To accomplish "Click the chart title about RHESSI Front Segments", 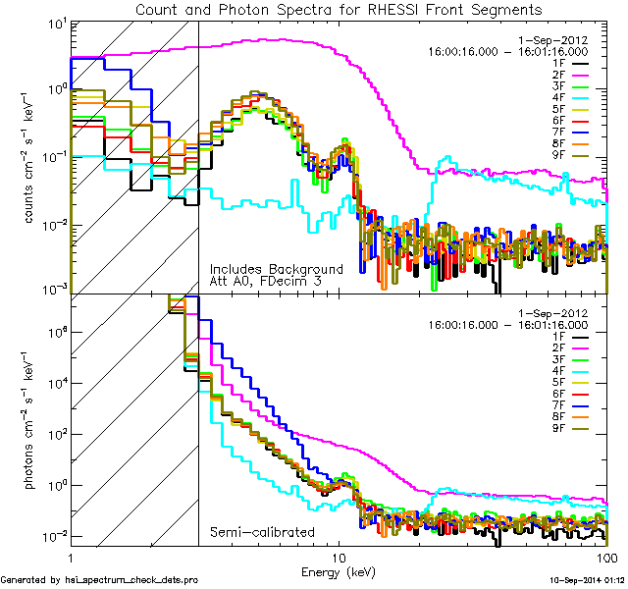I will click(x=339, y=10).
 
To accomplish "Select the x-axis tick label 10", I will click(x=339, y=556).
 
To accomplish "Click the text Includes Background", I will click(x=276, y=269).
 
